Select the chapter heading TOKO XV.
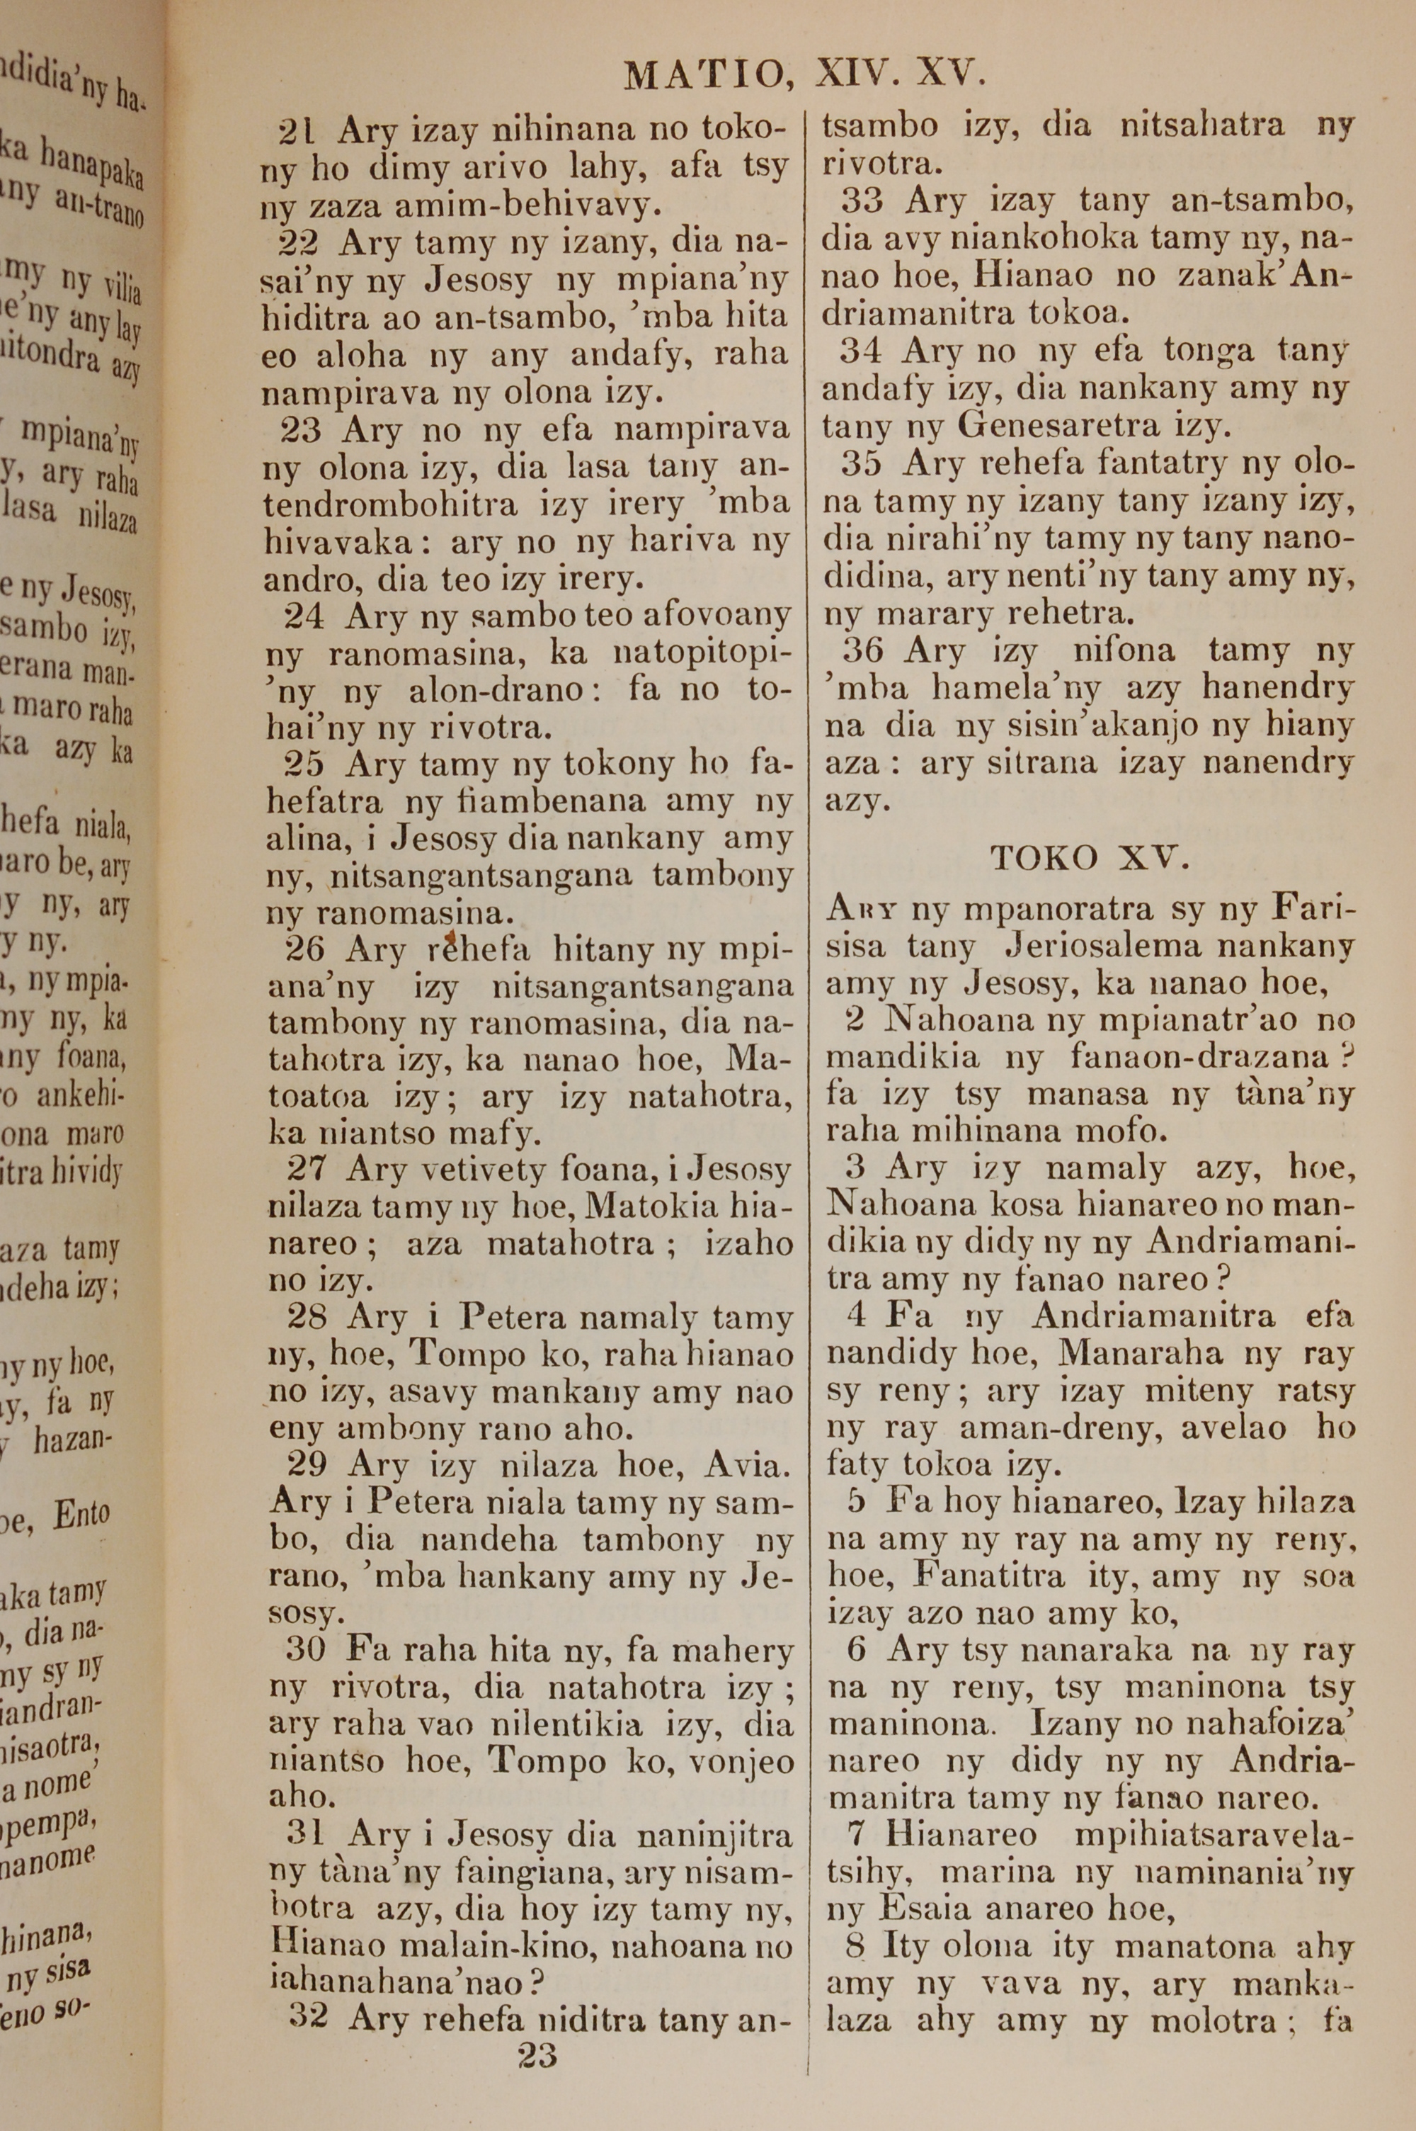pyautogui.click(x=1088, y=857)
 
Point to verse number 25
pyautogui.click(x=304, y=765)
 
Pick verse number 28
pyautogui.click(x=307, y=1317)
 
